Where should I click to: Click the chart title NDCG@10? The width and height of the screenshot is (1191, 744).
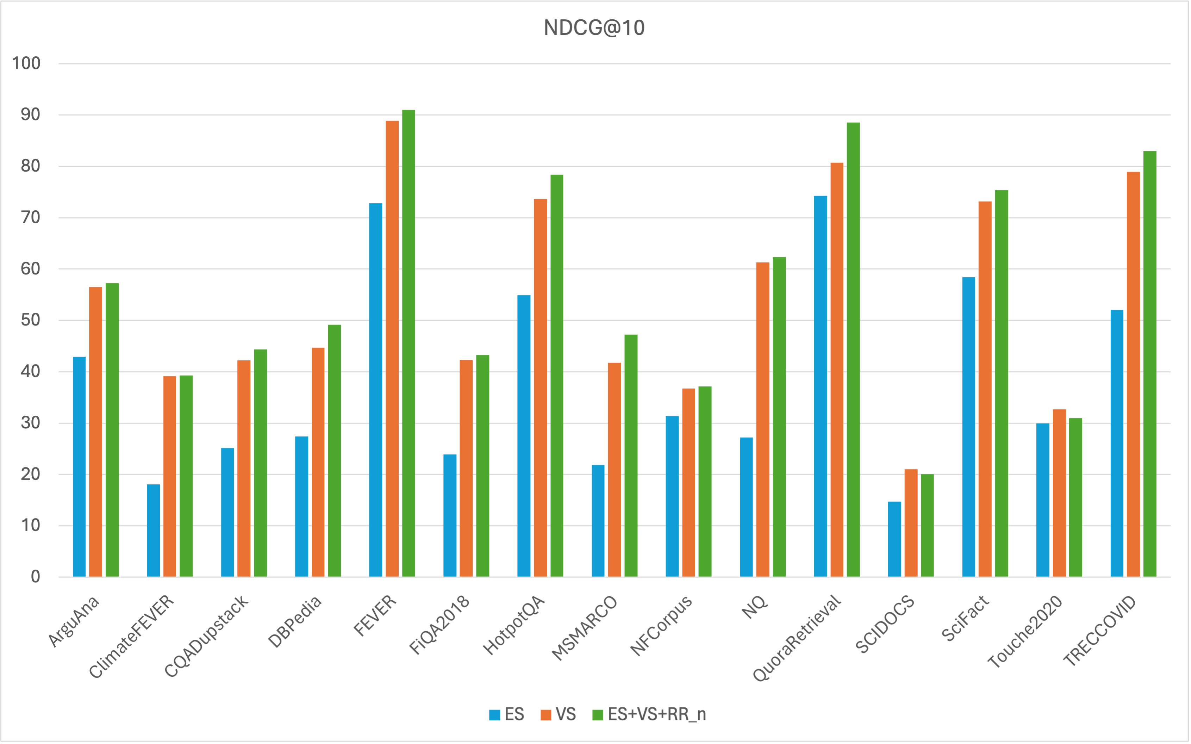coord(594,27)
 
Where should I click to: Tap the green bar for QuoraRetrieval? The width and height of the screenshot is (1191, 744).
coord(853,349)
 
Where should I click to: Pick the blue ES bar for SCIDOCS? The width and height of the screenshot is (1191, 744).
coord(894,539)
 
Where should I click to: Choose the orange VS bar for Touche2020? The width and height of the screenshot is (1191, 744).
coord(1059,492)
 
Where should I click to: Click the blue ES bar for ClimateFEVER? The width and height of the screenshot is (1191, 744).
coord(154,531)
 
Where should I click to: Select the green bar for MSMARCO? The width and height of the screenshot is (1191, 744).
coord(631,455)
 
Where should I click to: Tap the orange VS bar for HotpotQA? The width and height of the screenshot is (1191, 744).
coord(541,388)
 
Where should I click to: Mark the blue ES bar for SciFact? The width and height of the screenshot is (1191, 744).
coord(969,427)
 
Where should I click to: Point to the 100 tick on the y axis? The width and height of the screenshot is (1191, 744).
coord(26,63)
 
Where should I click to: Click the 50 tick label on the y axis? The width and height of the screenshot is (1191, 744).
coord(31,320)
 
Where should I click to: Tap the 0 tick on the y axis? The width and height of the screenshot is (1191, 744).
coord(36,576)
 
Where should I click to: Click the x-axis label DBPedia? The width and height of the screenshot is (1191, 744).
coord(295,621)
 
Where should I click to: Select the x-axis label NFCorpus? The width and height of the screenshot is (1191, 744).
coord(661,625)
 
